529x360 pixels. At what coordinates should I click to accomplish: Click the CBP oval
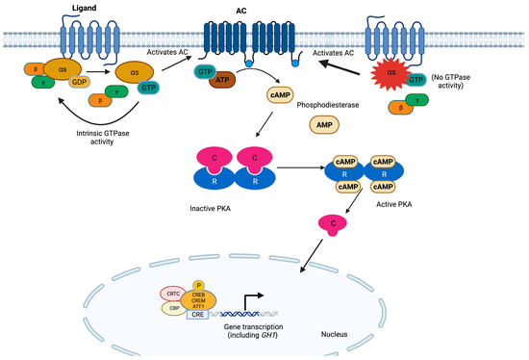coord(173,310)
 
